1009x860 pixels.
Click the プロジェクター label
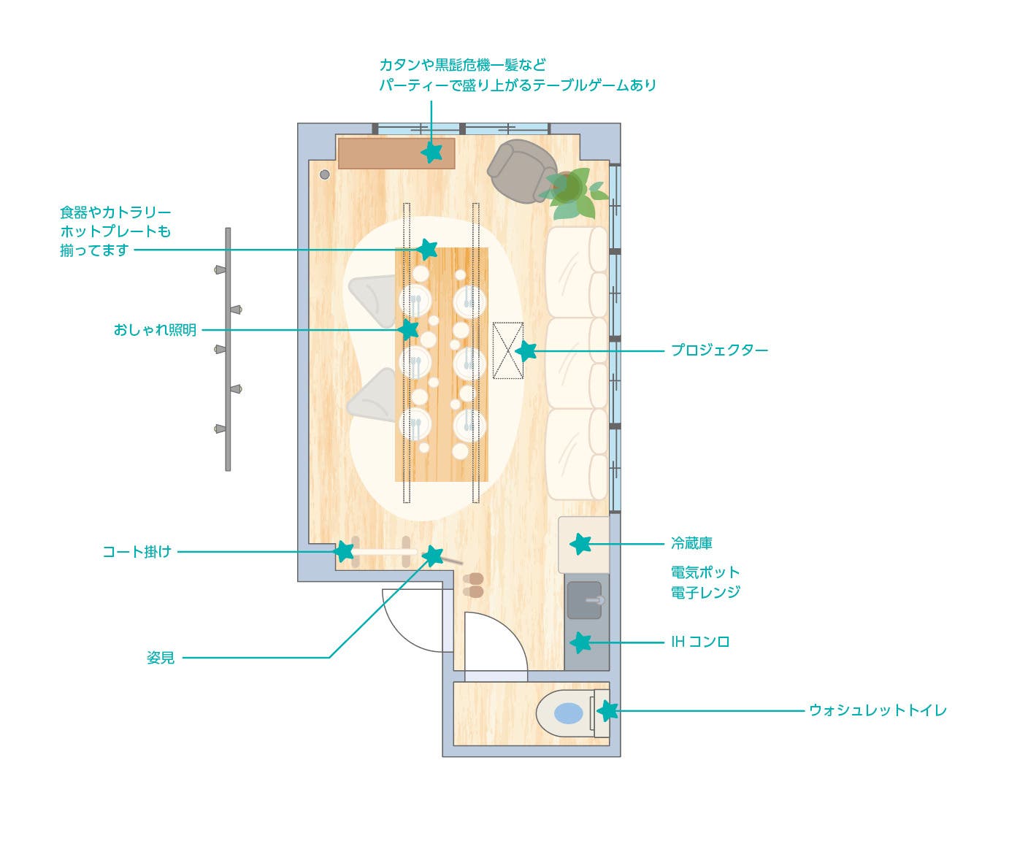point(719,350)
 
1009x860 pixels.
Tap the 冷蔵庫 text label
point(691,543)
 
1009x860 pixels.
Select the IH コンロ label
point(700,642)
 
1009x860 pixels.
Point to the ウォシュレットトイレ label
point(877,710)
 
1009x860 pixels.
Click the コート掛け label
point(137,552)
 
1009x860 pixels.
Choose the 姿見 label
point(161,658)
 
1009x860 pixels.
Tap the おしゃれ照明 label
point(155,330)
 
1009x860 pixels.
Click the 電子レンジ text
point(705,592)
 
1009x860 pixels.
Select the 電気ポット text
point(705,572)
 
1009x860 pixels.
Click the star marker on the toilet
point(607,710)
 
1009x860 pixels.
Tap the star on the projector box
point(526,351)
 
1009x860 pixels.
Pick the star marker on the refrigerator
point(580,544)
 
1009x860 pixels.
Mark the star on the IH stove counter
point(580,642)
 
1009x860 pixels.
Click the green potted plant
point(574,191)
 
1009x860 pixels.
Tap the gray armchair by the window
point(520,171)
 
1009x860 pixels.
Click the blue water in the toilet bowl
point(569,713)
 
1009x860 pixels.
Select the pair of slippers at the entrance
point(473,585)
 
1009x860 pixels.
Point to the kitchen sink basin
point(584,599)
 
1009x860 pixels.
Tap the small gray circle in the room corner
point(325,174)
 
